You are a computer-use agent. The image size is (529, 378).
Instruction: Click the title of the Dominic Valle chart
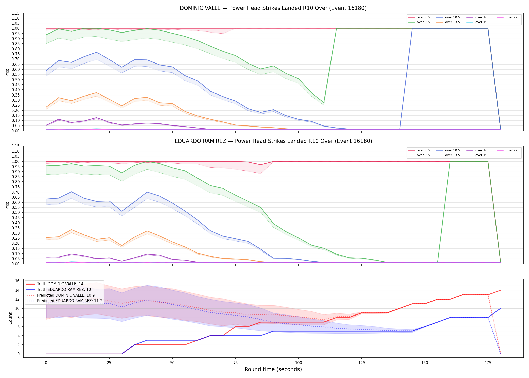click(x=273, y=8)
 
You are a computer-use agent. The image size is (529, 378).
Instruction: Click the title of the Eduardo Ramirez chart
click(x=273, y=141)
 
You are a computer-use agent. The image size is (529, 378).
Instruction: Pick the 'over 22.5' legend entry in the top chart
click(x=508, y=17)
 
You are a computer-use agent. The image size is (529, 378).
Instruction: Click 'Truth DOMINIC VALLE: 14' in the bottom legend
click(x=55, y=284)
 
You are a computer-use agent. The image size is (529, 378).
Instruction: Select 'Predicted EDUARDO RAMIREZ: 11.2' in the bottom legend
click(x=64, y=301)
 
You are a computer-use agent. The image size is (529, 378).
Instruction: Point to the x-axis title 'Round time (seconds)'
click(x=273, y=369)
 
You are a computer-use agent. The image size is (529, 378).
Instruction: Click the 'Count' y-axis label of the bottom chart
click(x=10, y=318)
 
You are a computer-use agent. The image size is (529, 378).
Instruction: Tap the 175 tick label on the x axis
click(x=488, y=363)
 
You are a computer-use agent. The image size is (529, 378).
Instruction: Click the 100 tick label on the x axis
click(x=298, y=363)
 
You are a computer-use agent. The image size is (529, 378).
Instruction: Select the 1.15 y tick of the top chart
click(x=15, y=13)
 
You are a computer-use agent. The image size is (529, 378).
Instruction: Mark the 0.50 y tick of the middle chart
click(x=15, y=213)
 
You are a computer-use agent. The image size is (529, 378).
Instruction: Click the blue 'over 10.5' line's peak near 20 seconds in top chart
click(x=96, y=52)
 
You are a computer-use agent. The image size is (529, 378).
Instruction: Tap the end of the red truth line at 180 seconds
click(x=501, y=290)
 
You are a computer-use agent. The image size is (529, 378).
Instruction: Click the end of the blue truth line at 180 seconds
click(x=501, y=308)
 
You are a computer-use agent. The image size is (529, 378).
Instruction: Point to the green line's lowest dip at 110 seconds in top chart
click(x=324, y=103)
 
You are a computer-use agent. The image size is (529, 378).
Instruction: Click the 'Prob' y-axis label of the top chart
click(x=7, y=72)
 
